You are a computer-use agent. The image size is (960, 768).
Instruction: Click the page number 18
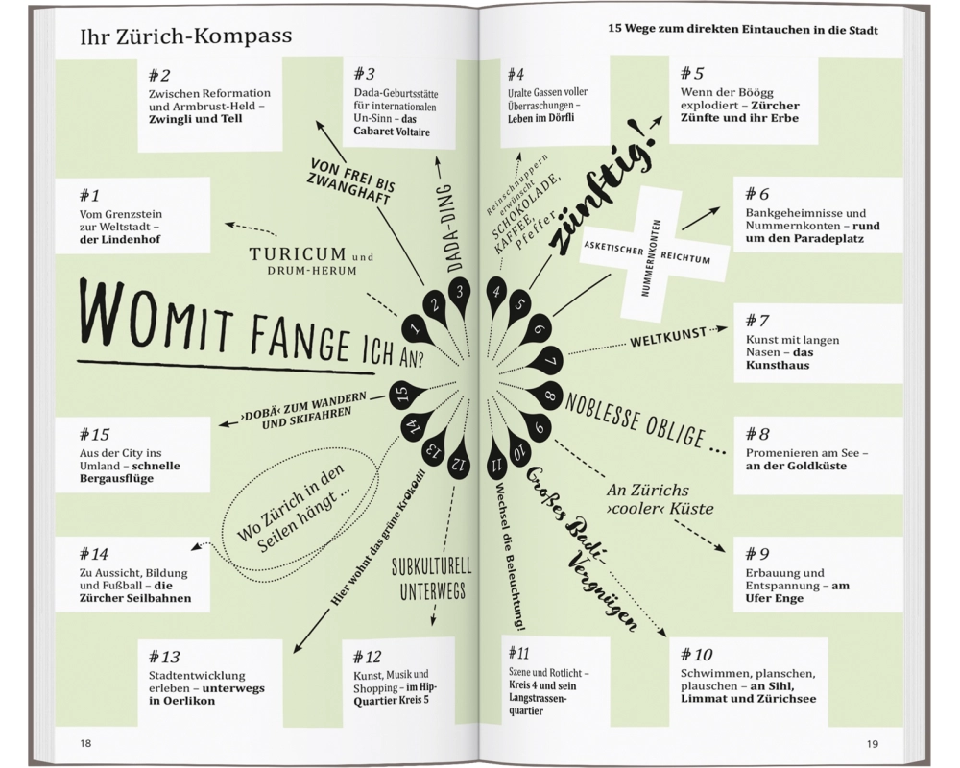coord(86,743)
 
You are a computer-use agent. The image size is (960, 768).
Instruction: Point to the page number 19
coord(872,743)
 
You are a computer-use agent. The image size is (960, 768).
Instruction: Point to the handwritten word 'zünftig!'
coord(598,192)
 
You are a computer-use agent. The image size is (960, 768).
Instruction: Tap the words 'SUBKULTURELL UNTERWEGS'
coord(428,580)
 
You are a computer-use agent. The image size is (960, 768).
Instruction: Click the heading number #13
coord(164,657)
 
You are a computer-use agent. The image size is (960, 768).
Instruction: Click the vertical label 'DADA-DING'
coord(455,230)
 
